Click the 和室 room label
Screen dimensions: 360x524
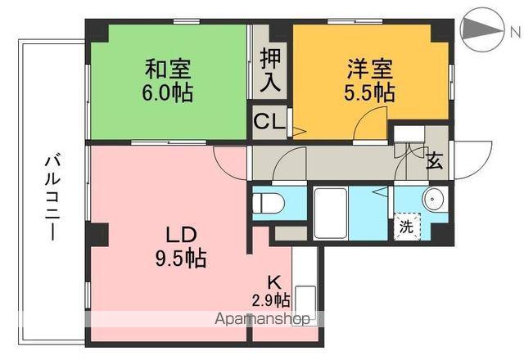point(168,67)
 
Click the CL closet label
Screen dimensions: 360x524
point(269,124)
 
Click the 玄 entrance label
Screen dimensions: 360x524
point(434,161)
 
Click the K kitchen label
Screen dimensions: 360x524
point(273,281)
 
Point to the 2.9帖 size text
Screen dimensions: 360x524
point(271,299)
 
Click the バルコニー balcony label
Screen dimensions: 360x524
point(50,196)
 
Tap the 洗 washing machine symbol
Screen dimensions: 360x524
point(407,227)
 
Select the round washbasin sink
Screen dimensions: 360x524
point(433,199)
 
